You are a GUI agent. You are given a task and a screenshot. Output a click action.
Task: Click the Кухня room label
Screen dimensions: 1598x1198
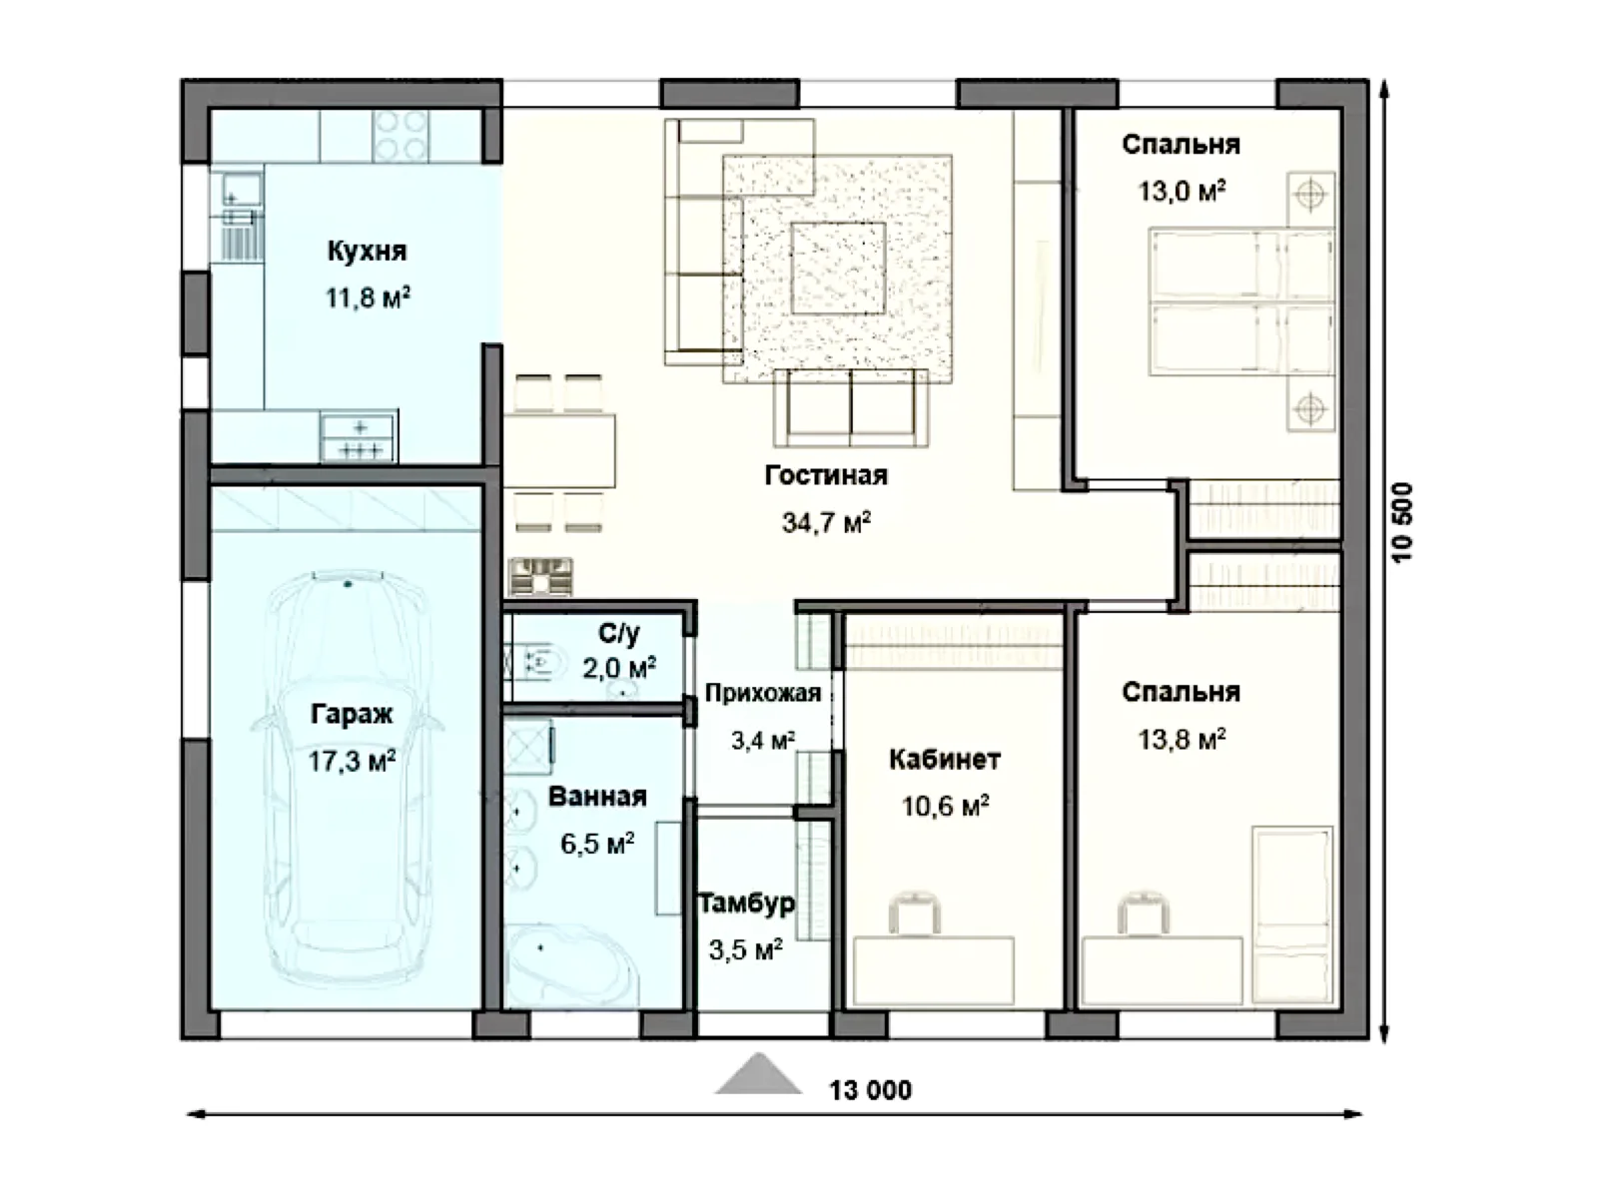tap(367, 251)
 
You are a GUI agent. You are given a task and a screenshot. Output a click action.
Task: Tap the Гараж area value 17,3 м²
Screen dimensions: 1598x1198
tap(352, 762)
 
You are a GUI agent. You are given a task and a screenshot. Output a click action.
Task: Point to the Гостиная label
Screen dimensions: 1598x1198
tap(826, 476)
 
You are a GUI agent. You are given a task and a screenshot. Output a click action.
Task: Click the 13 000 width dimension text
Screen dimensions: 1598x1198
tap(870, 1090)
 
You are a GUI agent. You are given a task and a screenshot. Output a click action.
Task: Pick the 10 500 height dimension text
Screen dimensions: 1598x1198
tap(1402, 522)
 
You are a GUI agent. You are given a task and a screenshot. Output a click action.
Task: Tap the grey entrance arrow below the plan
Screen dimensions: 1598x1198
tap(758, 1074)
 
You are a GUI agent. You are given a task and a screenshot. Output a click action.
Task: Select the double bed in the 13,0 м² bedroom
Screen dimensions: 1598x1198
tap(1242, 302)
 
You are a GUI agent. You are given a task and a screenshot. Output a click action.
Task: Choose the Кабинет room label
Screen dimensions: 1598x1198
tap(945, 760)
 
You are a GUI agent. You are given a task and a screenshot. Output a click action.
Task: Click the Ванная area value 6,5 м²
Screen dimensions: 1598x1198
tap(597, 844)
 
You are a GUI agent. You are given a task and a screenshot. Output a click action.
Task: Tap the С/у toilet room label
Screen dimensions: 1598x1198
tap(619, 633)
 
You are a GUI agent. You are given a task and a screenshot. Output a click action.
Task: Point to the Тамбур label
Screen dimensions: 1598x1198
tap(747, 903)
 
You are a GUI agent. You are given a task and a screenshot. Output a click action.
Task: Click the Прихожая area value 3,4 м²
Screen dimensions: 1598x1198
tap(763, 741)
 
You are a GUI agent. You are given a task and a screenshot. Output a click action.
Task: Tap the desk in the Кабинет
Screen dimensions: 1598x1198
tap(933, 971)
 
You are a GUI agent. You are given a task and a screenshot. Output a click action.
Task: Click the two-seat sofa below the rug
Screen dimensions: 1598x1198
tap(850, 408)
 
